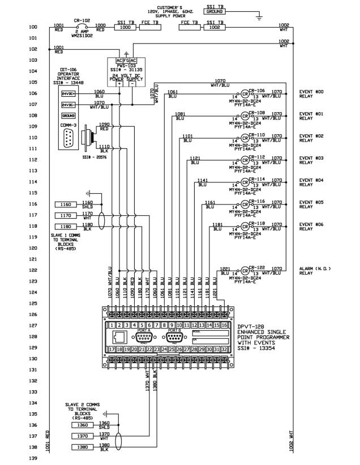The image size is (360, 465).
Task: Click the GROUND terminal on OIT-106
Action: pos(68,116)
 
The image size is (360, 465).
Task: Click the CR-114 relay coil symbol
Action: pos(245,182)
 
